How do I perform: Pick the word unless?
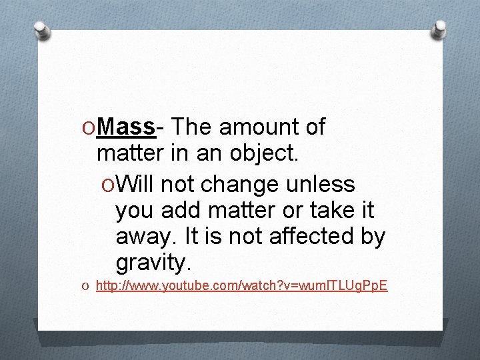click(323, 183)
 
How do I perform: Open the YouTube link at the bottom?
click(241, 286)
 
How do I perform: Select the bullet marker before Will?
click(108, 184)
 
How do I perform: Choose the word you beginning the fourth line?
click(135, 211)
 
